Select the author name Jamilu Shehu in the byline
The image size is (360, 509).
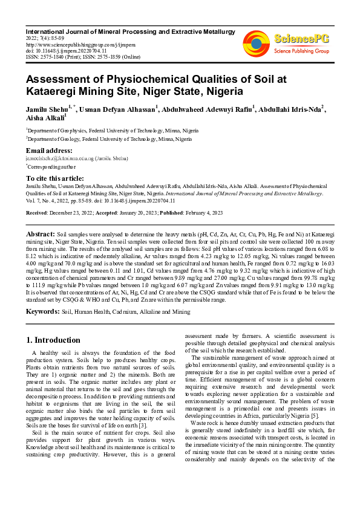pyautogui.click(x=47, y=109)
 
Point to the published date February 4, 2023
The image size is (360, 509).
pyautogui.click(x=200, y=213)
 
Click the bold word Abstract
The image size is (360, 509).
pyautogui.click(x=41, y=233)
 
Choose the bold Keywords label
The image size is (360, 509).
pyautogui.click(x=42, y=311)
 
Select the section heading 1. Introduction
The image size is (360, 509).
pyautogui.click(x=53, y=340)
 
